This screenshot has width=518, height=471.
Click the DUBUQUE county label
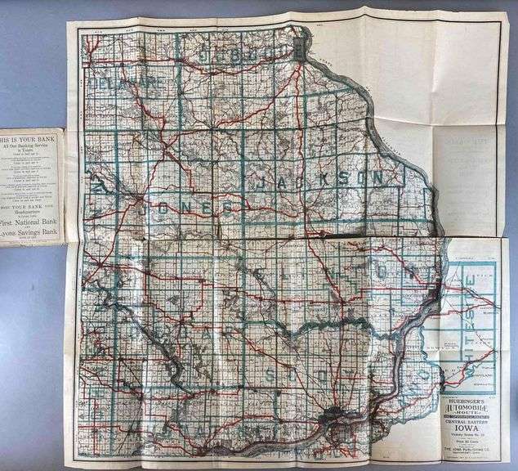[250, 53]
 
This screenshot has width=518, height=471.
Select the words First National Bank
[31, 222]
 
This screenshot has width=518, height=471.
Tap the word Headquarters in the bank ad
[31, 207]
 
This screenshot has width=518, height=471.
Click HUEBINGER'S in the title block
[466, 400]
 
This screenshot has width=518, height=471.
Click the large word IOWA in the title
[466, 433]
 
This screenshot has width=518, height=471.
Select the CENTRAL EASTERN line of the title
[466, 425]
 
